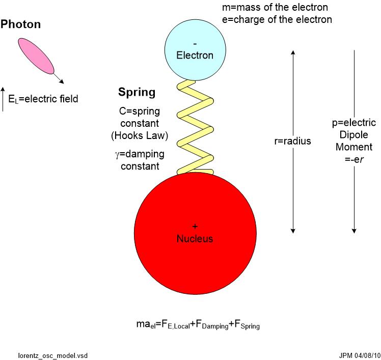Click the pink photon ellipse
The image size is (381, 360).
click(x=36, y=56)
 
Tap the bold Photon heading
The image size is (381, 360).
click(x=21, y=24)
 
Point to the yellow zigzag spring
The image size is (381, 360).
click(x=196, y=127)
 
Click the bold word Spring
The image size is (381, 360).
click(x=137, y=92)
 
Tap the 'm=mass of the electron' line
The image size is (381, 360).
click(x=275, y=8)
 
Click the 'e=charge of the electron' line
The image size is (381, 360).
click(x=277, y=20)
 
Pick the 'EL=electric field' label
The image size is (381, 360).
click(x=43, y=99)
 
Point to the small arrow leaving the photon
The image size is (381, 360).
click(x=59, y=77)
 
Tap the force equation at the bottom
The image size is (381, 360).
click(x=196, y=323)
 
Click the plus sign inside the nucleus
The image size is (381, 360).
click(x=195, y=226)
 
